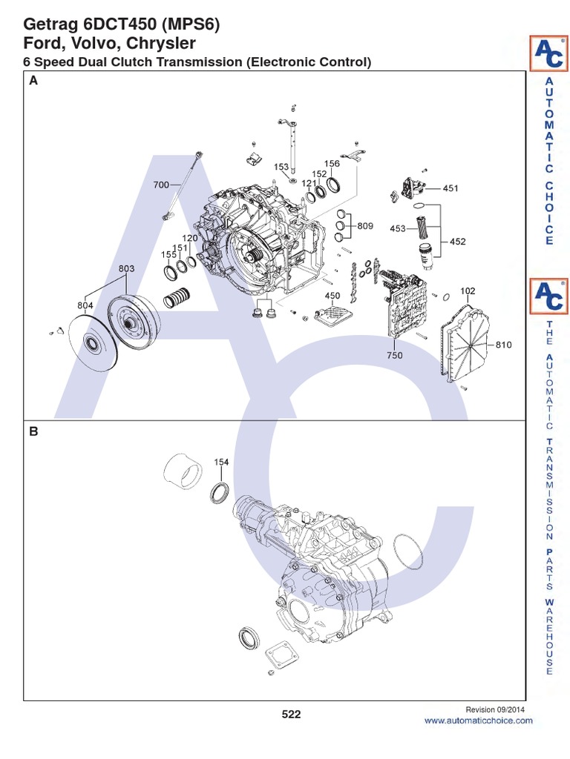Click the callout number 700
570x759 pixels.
(x=161, y=185)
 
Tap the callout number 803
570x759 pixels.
(x=126, y=268)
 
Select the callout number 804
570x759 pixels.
(x=85, y=305)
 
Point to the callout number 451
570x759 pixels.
(x=451, y=188)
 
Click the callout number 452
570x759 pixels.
(x=457, y=242)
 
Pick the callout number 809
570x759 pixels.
(x=365, y=225)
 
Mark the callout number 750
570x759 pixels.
(x=395, y=355)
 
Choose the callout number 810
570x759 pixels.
(x=504, y=345)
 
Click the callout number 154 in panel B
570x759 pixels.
(x=221, y=463)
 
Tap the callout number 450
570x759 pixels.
(x=332, y=296)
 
